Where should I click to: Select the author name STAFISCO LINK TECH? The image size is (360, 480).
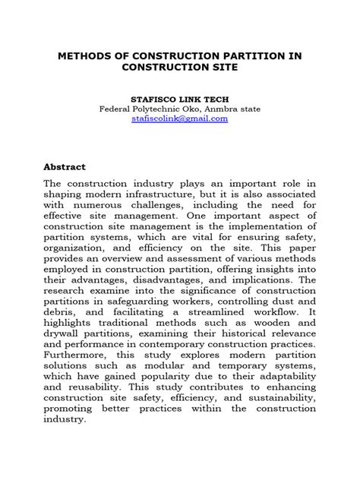pyautogui.click(x=179, y=98)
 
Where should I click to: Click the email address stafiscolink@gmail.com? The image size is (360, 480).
pyautogui.click(x=179, y=119)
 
